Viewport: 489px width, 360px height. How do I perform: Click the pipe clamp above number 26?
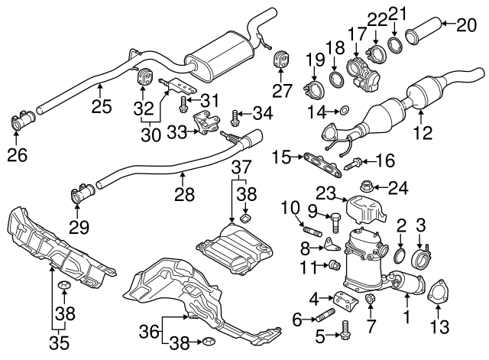21,122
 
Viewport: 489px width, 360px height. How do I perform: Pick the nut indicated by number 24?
365,186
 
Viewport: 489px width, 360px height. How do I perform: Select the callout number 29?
79,226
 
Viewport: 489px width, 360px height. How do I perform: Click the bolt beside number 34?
234,116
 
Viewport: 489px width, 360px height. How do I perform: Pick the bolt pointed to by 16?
353,162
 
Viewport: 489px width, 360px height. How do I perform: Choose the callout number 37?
242,167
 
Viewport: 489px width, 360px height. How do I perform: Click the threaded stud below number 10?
311,229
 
